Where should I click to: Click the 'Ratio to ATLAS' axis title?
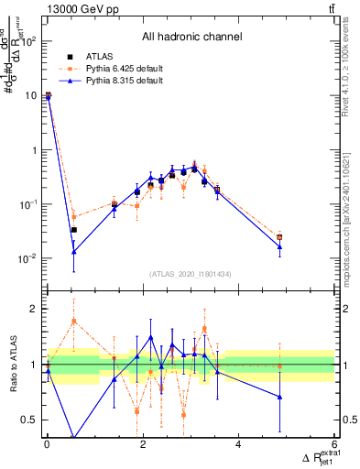14,364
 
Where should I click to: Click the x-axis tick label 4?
238,444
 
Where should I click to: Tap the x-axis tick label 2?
142,444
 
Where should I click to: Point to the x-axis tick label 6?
333,444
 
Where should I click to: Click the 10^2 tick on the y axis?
27,41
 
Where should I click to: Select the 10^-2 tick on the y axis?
27,258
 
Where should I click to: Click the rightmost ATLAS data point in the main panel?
279,237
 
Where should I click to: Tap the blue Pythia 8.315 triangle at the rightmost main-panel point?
279,247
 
